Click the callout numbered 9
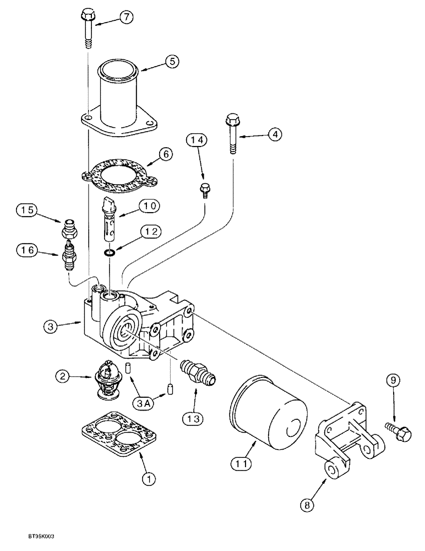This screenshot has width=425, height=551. (x=393, y=380)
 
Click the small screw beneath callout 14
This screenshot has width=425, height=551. (x=205, y=188)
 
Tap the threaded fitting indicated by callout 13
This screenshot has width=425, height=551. (x=197, y=371)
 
